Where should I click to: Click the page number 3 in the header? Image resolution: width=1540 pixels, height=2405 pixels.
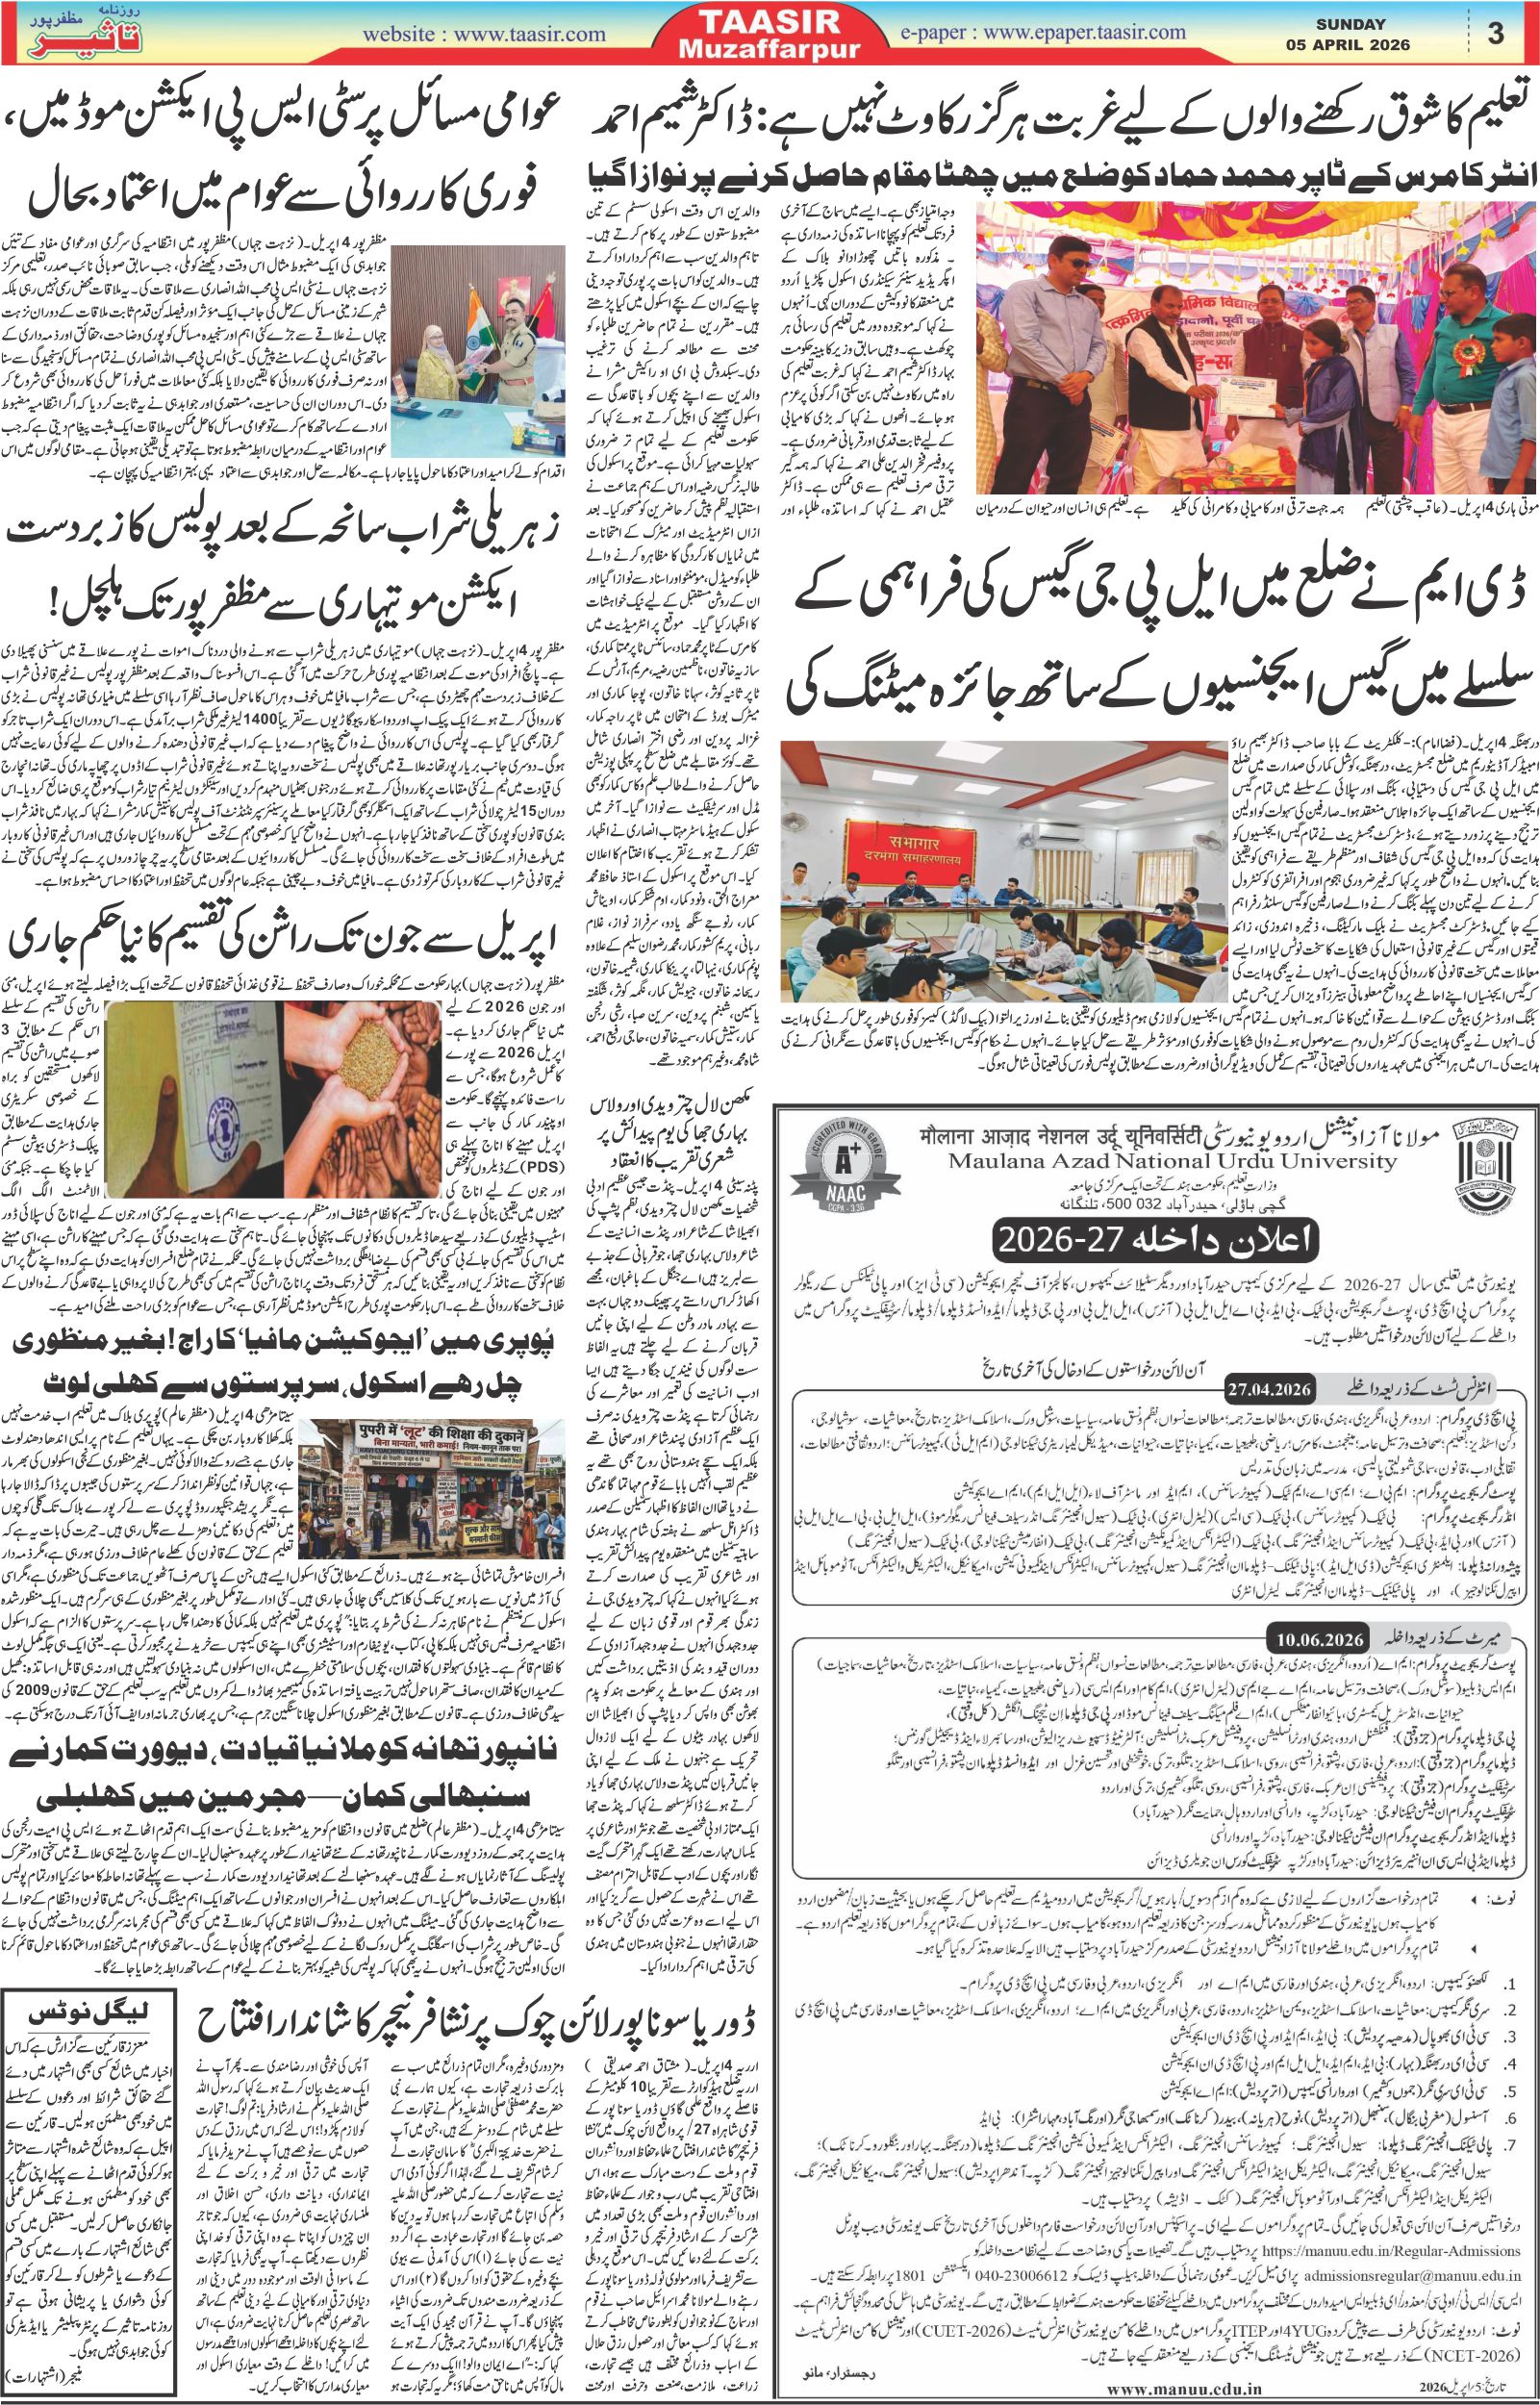tap(1496, 33)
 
